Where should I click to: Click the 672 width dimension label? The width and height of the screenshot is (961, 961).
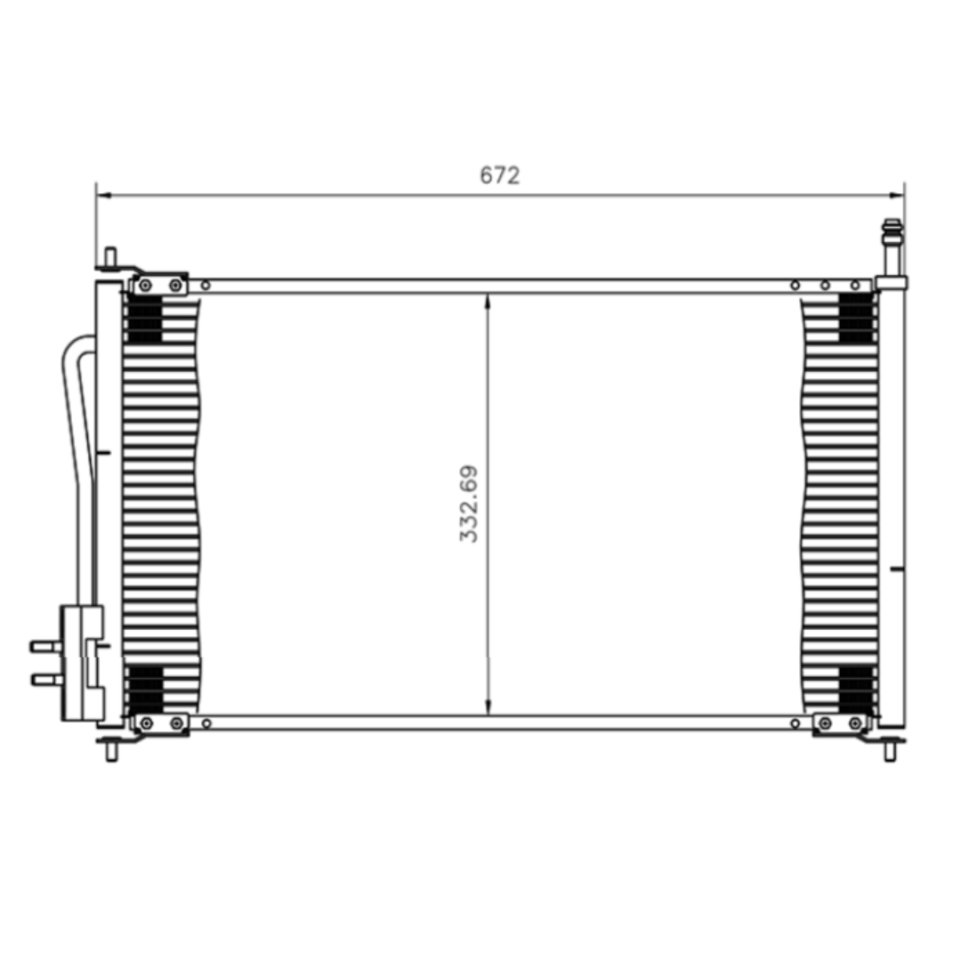tap(499, 175)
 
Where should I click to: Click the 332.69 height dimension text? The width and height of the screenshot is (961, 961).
tap(469, 505)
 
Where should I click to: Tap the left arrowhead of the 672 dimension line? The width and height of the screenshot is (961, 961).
tap(104, 196)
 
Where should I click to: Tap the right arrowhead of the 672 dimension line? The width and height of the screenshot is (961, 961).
tap(897, 196)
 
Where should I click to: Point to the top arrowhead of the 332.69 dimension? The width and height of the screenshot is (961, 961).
tap(488, 302)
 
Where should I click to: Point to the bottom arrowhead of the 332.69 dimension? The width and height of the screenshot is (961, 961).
tap(488, 707)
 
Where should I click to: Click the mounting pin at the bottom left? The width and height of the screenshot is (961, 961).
tap(111, 751)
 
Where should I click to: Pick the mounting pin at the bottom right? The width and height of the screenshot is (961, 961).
tap(890, 751)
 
